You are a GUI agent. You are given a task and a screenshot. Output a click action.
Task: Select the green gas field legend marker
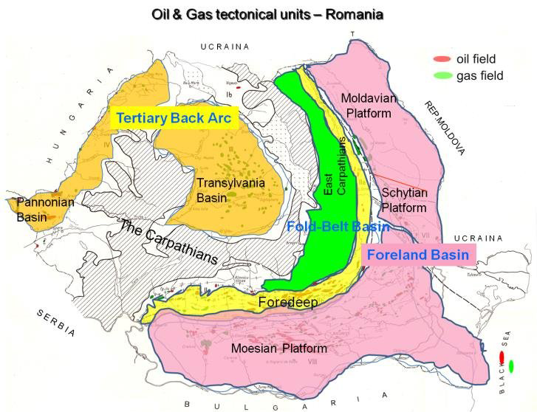442,75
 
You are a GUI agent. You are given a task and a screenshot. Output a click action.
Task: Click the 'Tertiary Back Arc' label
174,118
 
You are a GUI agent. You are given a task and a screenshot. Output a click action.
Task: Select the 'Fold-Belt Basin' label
338,227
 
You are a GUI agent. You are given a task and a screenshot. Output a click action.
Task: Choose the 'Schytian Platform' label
404,199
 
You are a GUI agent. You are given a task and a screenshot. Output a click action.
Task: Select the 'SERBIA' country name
56,323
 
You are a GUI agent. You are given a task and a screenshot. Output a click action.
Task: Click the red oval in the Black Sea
502,357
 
